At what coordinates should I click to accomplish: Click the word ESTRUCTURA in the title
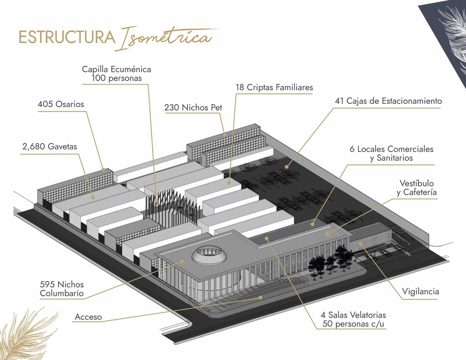67,37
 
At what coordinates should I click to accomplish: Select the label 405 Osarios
61,104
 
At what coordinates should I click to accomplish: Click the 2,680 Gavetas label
50,146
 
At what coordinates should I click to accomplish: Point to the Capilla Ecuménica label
116,74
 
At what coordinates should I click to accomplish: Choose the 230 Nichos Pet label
193,107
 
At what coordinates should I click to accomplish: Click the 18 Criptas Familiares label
274,87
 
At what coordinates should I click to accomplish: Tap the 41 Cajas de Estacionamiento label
388,101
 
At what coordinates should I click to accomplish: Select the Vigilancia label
420,291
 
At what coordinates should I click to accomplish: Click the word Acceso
88,317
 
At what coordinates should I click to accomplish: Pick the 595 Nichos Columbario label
62,289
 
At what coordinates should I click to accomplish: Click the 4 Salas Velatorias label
353,319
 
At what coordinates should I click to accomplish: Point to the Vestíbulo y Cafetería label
417,188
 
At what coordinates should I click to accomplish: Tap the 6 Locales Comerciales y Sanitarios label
391,153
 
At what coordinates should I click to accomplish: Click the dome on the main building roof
208,255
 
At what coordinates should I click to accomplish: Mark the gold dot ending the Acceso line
261,297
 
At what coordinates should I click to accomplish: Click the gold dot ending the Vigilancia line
361,243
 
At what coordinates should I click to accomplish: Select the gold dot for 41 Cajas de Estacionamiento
286,167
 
